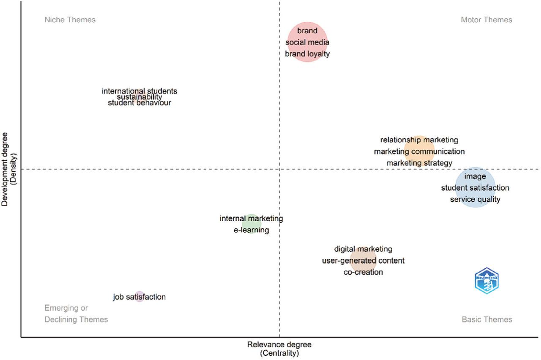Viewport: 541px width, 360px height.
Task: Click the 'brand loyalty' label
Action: [307, 54]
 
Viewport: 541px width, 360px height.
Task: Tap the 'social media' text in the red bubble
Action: [307, 42]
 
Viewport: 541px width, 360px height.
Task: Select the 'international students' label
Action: [139, 91]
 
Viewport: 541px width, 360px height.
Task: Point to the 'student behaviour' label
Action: [139, 103]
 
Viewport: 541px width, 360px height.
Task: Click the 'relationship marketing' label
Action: [419, 140]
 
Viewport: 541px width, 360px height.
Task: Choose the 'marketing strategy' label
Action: [419, 163]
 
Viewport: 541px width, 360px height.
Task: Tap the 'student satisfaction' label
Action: [475, 188]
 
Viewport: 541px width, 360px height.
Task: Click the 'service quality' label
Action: [475, 199]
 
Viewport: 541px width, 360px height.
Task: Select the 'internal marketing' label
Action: [251, 219]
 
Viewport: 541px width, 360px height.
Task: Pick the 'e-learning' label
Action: [251, 230]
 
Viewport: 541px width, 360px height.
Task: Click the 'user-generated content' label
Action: [363, 261]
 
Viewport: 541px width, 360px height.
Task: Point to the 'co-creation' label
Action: [363, 272]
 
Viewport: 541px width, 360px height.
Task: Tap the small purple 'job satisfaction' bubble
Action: [139, 297]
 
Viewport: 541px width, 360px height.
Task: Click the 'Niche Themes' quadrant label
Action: [70, 20]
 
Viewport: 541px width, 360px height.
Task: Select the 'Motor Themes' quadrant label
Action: [486, 20]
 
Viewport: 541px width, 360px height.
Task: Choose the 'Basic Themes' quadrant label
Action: [487, 319]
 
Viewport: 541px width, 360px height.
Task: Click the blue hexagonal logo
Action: [487, 281]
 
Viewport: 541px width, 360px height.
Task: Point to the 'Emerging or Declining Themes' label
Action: [76, 314]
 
